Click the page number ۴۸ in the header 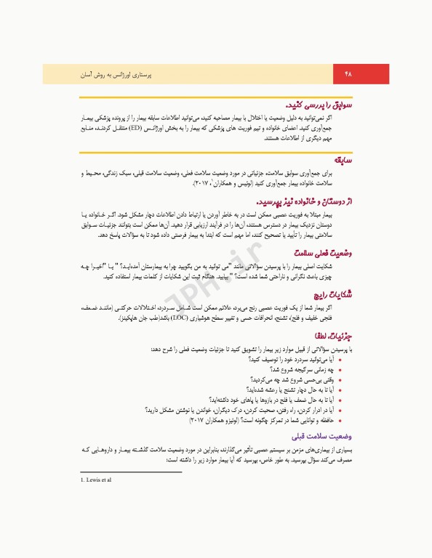pos(347,73)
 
